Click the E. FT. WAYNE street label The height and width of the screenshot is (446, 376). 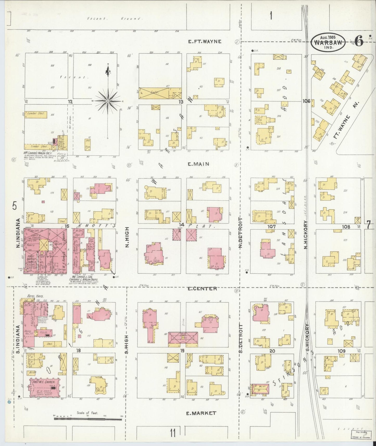[205, 41]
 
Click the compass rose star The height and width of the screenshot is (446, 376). [107, 101]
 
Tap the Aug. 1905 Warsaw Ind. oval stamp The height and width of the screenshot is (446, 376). [328, 42]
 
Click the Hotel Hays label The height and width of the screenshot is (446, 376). [35, 296]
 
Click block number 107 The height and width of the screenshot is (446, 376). [271, 227]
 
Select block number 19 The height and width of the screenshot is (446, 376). [182, 351]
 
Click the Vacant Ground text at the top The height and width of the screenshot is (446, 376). [114, 19]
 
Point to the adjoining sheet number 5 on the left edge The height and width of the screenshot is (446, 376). [14, 206]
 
